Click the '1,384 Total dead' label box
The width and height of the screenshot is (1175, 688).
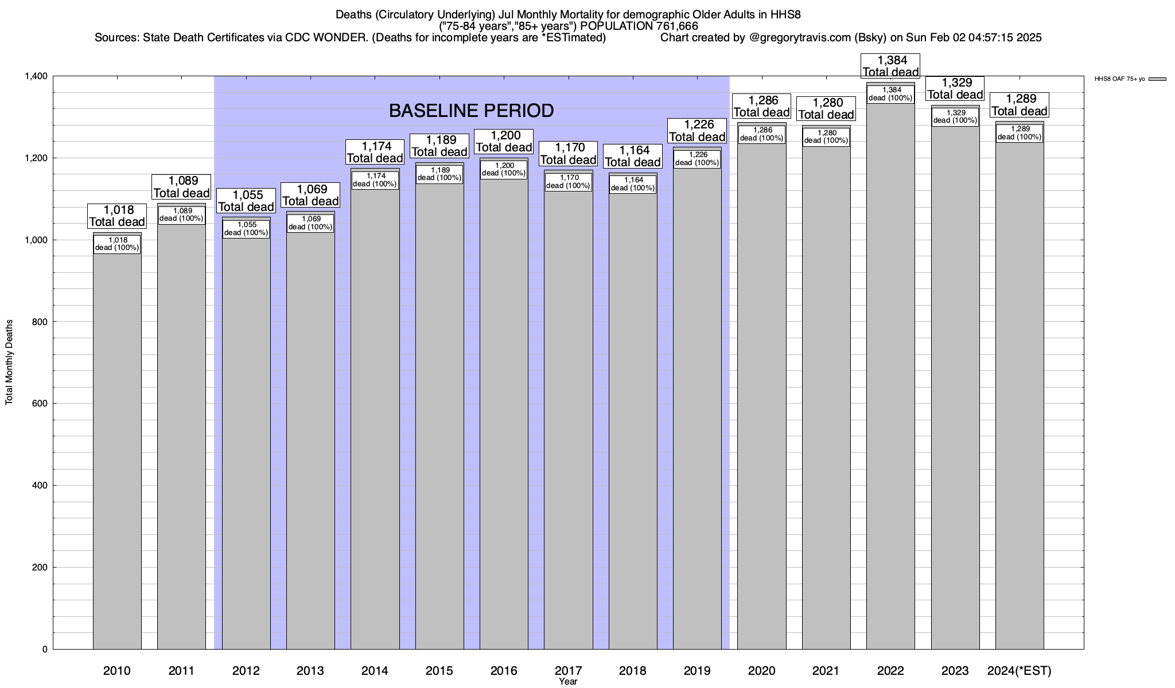[890, 66]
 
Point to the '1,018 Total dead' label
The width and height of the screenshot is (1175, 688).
[117, 216]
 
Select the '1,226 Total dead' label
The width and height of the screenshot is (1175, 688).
[697, 131]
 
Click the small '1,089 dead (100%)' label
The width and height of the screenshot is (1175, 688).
[181, 215]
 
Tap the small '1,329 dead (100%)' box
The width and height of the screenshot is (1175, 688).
[955, 117]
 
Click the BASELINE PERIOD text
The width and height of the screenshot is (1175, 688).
[471, 111]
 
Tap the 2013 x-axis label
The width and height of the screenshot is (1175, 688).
[310, 671]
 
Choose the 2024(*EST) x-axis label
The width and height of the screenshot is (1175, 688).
[1019, 671]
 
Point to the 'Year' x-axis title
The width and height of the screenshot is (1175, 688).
[568, 682]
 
